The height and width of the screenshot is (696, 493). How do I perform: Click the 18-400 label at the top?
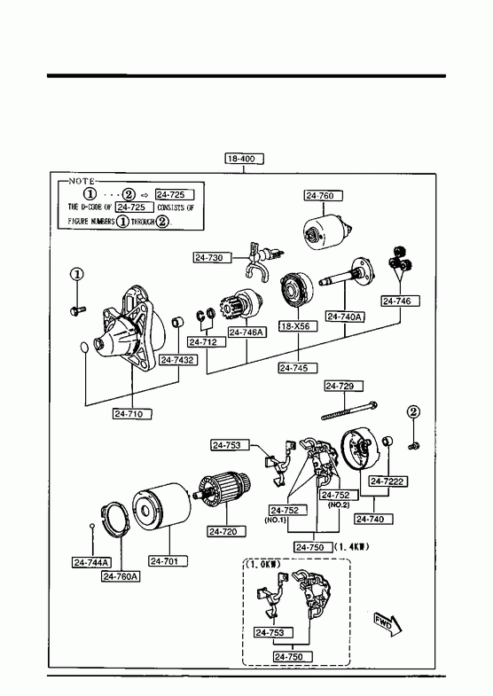245,159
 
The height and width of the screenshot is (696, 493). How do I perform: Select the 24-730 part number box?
213,257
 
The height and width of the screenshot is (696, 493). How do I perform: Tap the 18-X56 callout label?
299,326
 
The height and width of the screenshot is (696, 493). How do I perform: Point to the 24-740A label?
345,317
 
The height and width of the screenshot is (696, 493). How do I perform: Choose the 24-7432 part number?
178,360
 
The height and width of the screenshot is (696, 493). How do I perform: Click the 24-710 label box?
132,414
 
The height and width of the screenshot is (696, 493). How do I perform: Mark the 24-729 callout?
343,387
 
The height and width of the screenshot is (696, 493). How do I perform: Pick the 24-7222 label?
388,481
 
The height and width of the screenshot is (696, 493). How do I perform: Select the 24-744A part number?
91,562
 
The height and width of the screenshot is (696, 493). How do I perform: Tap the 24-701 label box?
168,561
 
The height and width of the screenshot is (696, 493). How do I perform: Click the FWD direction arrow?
387,623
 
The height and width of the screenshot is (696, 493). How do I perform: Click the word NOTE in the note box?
82,181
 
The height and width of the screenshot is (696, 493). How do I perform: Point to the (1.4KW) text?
352,547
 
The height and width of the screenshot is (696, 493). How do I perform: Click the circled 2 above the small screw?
413,412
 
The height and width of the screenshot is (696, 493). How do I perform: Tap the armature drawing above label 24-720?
224,489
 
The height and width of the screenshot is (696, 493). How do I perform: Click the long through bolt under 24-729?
349,411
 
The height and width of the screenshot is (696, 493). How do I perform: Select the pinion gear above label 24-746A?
239,306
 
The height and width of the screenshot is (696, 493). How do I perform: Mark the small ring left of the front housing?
84,347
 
